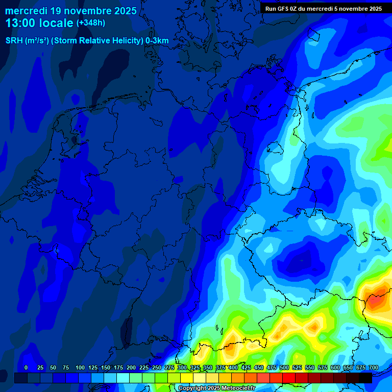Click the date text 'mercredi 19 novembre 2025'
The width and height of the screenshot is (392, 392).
pos(71,11)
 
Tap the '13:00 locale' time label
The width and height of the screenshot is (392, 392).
pos(39,23)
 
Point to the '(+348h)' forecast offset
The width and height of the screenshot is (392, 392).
pos(90,23)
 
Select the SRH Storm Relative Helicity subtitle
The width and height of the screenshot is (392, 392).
pos(87,41)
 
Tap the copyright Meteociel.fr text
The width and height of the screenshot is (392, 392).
pos(216,388)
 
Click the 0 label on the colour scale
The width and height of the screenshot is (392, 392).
pos(26,367)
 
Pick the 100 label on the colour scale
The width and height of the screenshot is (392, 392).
pos(80,367)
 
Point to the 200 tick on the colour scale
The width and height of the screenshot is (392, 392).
pos(131,367)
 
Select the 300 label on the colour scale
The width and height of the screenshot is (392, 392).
pos(182,367)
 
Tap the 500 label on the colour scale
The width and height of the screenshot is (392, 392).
pos(284,367)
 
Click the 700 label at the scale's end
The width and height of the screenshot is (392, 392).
pos(374,367)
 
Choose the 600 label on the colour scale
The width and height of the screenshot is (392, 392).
pos(335,367)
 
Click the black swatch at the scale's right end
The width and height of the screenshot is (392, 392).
pos(365,378)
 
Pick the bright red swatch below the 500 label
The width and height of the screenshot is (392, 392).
pos(289,378)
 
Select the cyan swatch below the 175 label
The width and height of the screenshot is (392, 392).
pos(123,378)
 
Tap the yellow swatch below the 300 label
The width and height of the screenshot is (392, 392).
pos(187,378)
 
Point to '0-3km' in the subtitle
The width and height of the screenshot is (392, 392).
pos(157,41)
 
